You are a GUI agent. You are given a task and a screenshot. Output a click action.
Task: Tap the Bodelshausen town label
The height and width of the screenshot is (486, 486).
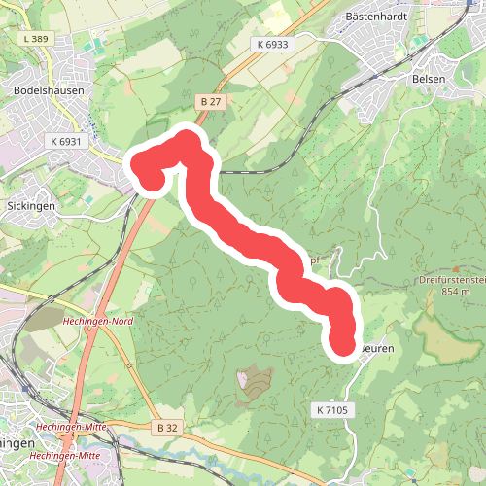[49, 89]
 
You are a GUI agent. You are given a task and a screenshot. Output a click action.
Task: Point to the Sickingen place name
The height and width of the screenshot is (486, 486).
[31, 206]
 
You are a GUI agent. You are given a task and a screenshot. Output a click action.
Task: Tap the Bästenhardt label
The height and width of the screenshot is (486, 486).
[374, 17]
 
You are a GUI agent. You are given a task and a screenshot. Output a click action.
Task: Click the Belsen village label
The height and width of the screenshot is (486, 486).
[430, 78]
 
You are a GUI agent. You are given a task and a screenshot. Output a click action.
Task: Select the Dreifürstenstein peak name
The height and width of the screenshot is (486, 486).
[452, 279]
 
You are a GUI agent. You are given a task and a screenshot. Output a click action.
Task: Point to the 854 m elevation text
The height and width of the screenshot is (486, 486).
[455, 291]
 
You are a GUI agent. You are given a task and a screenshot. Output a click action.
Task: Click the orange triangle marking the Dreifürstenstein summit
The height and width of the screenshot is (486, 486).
[453, 269]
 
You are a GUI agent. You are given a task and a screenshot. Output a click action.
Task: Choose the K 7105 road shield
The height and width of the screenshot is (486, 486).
[331, 411]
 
